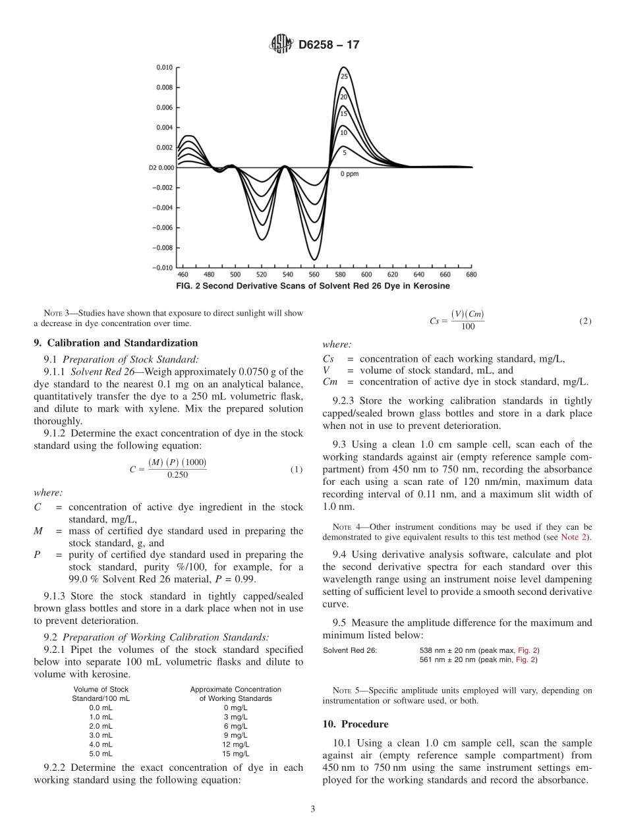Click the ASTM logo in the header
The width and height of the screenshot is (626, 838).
tap(282, 45)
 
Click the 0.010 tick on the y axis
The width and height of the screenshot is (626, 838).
tap(165, 67)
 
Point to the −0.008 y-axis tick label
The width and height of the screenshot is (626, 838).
tap(163, 248)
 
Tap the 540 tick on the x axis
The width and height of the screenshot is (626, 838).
tap(288, 275)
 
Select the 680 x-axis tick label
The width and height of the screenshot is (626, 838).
tap(471, 275)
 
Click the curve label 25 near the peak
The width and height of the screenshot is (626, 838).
tap(343, 76)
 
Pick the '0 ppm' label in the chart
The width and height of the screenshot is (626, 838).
tap(349, 174)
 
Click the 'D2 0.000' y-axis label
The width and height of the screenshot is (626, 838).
tap(161, 167)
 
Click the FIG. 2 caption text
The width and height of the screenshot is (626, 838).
tap(313, 286)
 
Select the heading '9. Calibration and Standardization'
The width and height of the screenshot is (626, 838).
tap(115, 343)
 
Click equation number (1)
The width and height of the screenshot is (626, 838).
tap(297, 470)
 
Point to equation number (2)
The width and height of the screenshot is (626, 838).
tap(585, 321)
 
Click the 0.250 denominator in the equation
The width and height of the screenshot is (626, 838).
tap(175, 475)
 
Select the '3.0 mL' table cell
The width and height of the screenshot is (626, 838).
tap(101, 735)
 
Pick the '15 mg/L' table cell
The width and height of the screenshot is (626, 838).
tap(235, 753)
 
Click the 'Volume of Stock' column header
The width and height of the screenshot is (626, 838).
tap(101, 689)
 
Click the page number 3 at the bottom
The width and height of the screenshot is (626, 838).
tap(313, 809)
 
